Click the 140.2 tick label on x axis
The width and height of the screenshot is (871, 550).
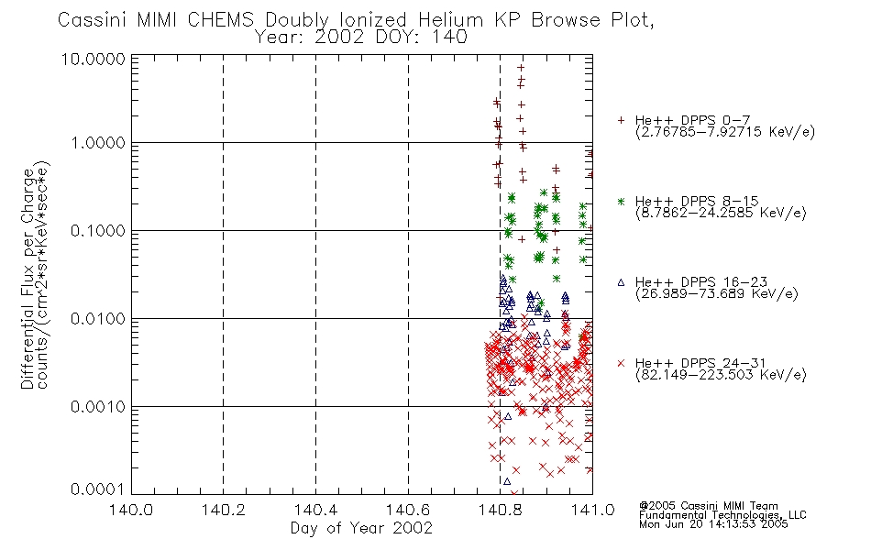click(x=223, y=510)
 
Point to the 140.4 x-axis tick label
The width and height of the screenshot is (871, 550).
click(x=315, y=510)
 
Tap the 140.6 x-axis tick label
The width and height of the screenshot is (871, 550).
click(x=408, y=510)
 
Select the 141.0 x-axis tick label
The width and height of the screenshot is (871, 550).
click(x=592, y=510)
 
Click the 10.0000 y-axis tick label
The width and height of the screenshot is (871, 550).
click(x=94, y=59)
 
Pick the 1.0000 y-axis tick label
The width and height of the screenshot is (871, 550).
click(x=98, y=143)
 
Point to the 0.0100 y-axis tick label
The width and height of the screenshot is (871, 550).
click(x=98, y=319)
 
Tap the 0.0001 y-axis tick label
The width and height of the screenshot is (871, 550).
click(x=98, y=489)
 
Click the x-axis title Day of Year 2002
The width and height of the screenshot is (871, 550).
click(x=361, y=528)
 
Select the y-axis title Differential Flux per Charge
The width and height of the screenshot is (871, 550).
click(x=28, y=279)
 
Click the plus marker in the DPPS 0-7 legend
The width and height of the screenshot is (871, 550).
click(x=621, y=120)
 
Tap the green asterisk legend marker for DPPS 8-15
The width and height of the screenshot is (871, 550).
click(x=621, y=201)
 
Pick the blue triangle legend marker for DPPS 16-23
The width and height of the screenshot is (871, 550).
click(x=621, y=282)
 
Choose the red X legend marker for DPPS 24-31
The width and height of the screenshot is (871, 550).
click(x=621, y=363)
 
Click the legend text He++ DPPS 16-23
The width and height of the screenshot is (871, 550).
click(x=701, y=281)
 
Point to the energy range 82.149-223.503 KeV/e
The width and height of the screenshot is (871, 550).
click(x=721, y=375)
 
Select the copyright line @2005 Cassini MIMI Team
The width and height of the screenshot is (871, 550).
click(x=709, y=506)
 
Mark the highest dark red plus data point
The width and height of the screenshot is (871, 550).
click(x=521, y=68)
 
